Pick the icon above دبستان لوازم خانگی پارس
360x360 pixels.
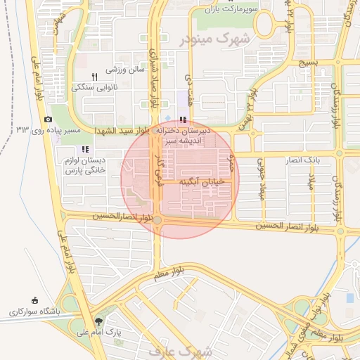pyautogui.click(x=86, y=149)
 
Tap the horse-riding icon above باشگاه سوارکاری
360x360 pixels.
pyautogui.click(x=35, y=300)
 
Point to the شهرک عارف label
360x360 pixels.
pyautogui.click(x=180, y=349)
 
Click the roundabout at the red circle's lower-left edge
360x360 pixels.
pyautogui.click(x=157, y=220)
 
